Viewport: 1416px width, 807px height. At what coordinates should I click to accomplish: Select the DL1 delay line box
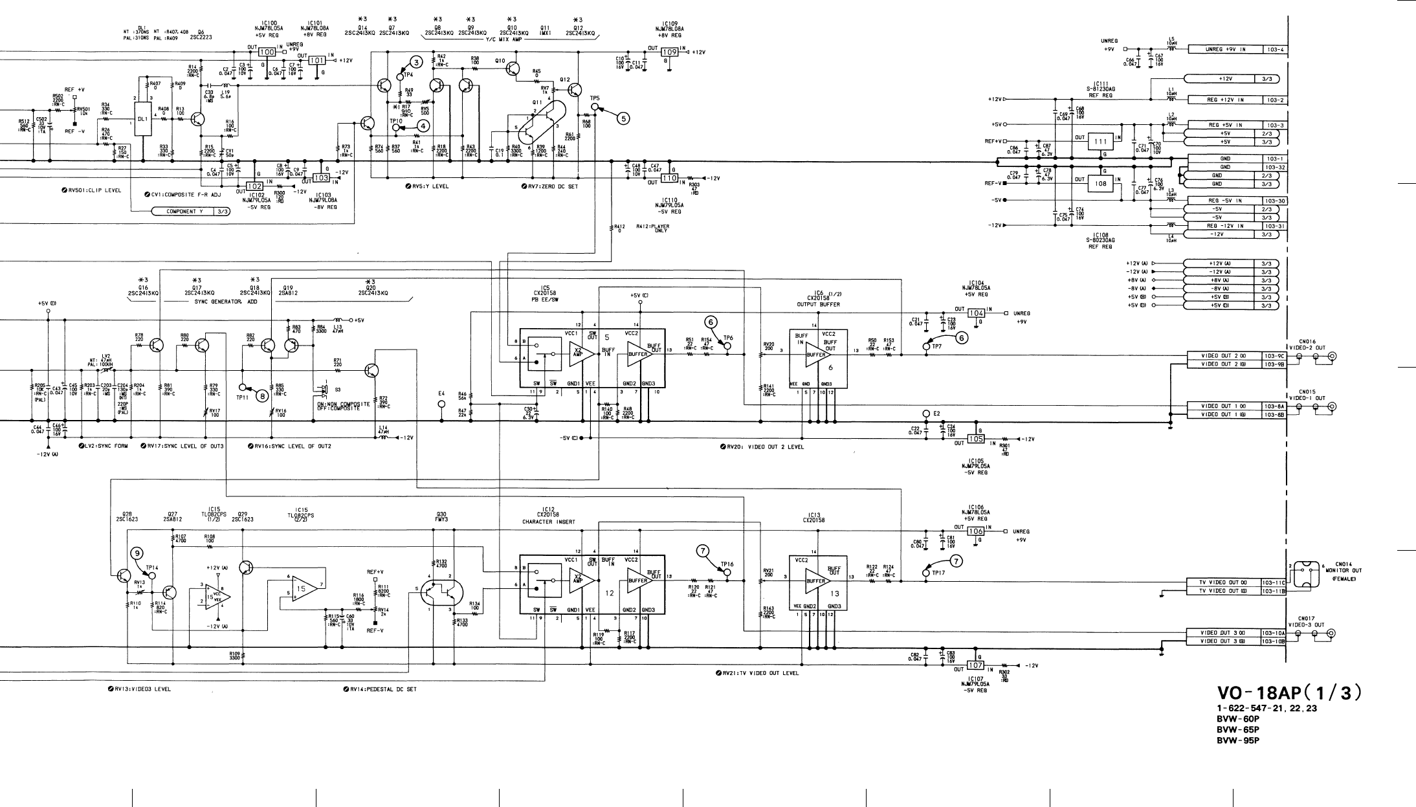click(x=143, y=119)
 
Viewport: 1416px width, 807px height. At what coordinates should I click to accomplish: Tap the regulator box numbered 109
click(x=669, y=52)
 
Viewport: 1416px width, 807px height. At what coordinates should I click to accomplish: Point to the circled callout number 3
click(x=417, y=62)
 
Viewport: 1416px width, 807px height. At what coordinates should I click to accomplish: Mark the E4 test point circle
click(x=442, y=404)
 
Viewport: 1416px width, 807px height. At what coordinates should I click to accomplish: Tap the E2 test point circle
click(x=926, y=414)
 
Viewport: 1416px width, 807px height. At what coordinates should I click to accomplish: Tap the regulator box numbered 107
click(x=975, y=665)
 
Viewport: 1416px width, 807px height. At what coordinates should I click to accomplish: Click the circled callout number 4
click(x=423, y=126)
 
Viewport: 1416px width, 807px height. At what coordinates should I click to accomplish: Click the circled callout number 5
click(x=623, y=118)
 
